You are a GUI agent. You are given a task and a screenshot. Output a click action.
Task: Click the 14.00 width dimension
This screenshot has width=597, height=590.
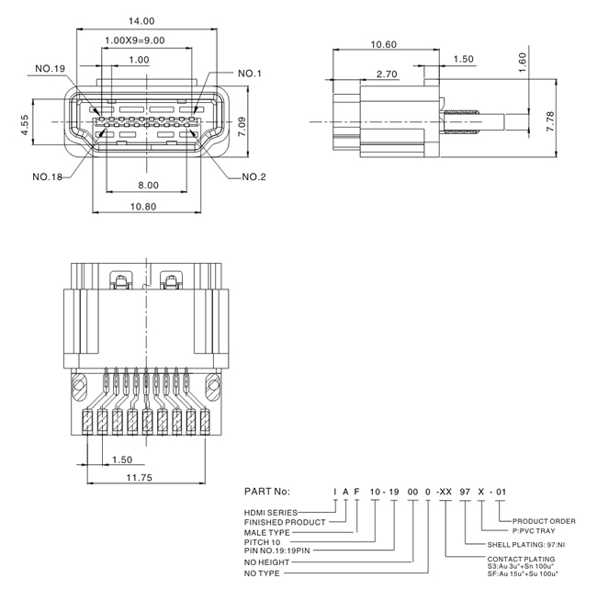click(x=141, y=21)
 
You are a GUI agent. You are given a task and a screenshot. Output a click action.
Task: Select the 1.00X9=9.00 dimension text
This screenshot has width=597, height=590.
click(x=135, y=40)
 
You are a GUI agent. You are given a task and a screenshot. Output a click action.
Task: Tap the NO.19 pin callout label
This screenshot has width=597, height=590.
click(x=51, y=69)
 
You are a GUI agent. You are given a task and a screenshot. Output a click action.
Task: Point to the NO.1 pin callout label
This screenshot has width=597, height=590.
click(x=250, y=74)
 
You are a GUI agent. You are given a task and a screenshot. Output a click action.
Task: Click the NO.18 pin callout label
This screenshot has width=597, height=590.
click(x=47, y=176)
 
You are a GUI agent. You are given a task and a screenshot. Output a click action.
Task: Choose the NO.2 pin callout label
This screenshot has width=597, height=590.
click(x=253, y=176)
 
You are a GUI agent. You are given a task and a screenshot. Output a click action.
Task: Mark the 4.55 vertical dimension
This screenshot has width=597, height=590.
click(x=25, y=125)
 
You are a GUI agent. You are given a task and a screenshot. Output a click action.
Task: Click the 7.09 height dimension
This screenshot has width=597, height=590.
click(x=242, y=127)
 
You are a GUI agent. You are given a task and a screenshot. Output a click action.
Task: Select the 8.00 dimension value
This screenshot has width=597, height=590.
click(x=148, y=185)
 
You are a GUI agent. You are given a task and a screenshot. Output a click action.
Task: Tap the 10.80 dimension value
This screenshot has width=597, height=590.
click(x=143, y=207)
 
